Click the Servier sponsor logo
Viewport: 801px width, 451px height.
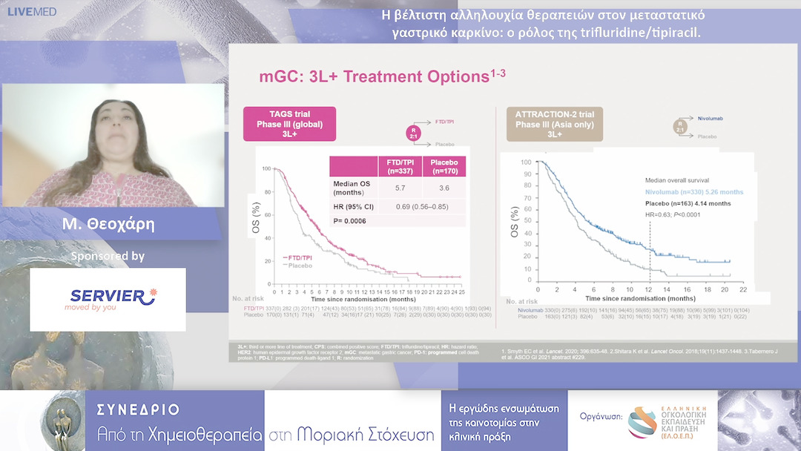[x=108, y=299]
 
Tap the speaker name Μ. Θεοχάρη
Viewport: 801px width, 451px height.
[x=113, y=223]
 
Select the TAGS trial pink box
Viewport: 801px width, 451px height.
[x=289, y=124]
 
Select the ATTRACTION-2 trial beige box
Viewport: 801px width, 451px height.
[x=555, y=124]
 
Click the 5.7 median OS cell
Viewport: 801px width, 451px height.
[x=400, y=188]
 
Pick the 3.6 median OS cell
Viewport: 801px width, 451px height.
[x=444, y=188]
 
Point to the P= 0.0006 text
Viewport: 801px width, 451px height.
[x=354, y=220]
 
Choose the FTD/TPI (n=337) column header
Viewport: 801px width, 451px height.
[x=400, y=166]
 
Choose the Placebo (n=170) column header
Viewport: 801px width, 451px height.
[x=444, y=166]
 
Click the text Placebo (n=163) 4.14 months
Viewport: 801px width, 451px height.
[x=688, y=203]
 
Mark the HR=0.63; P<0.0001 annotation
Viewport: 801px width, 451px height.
[x=673, y=215]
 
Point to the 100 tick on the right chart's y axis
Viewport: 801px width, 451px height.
[x=526, y=162]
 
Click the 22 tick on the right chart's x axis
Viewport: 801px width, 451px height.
[x=742, y=288]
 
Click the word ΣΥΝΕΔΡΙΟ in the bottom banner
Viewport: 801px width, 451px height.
[x=139, y=409]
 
